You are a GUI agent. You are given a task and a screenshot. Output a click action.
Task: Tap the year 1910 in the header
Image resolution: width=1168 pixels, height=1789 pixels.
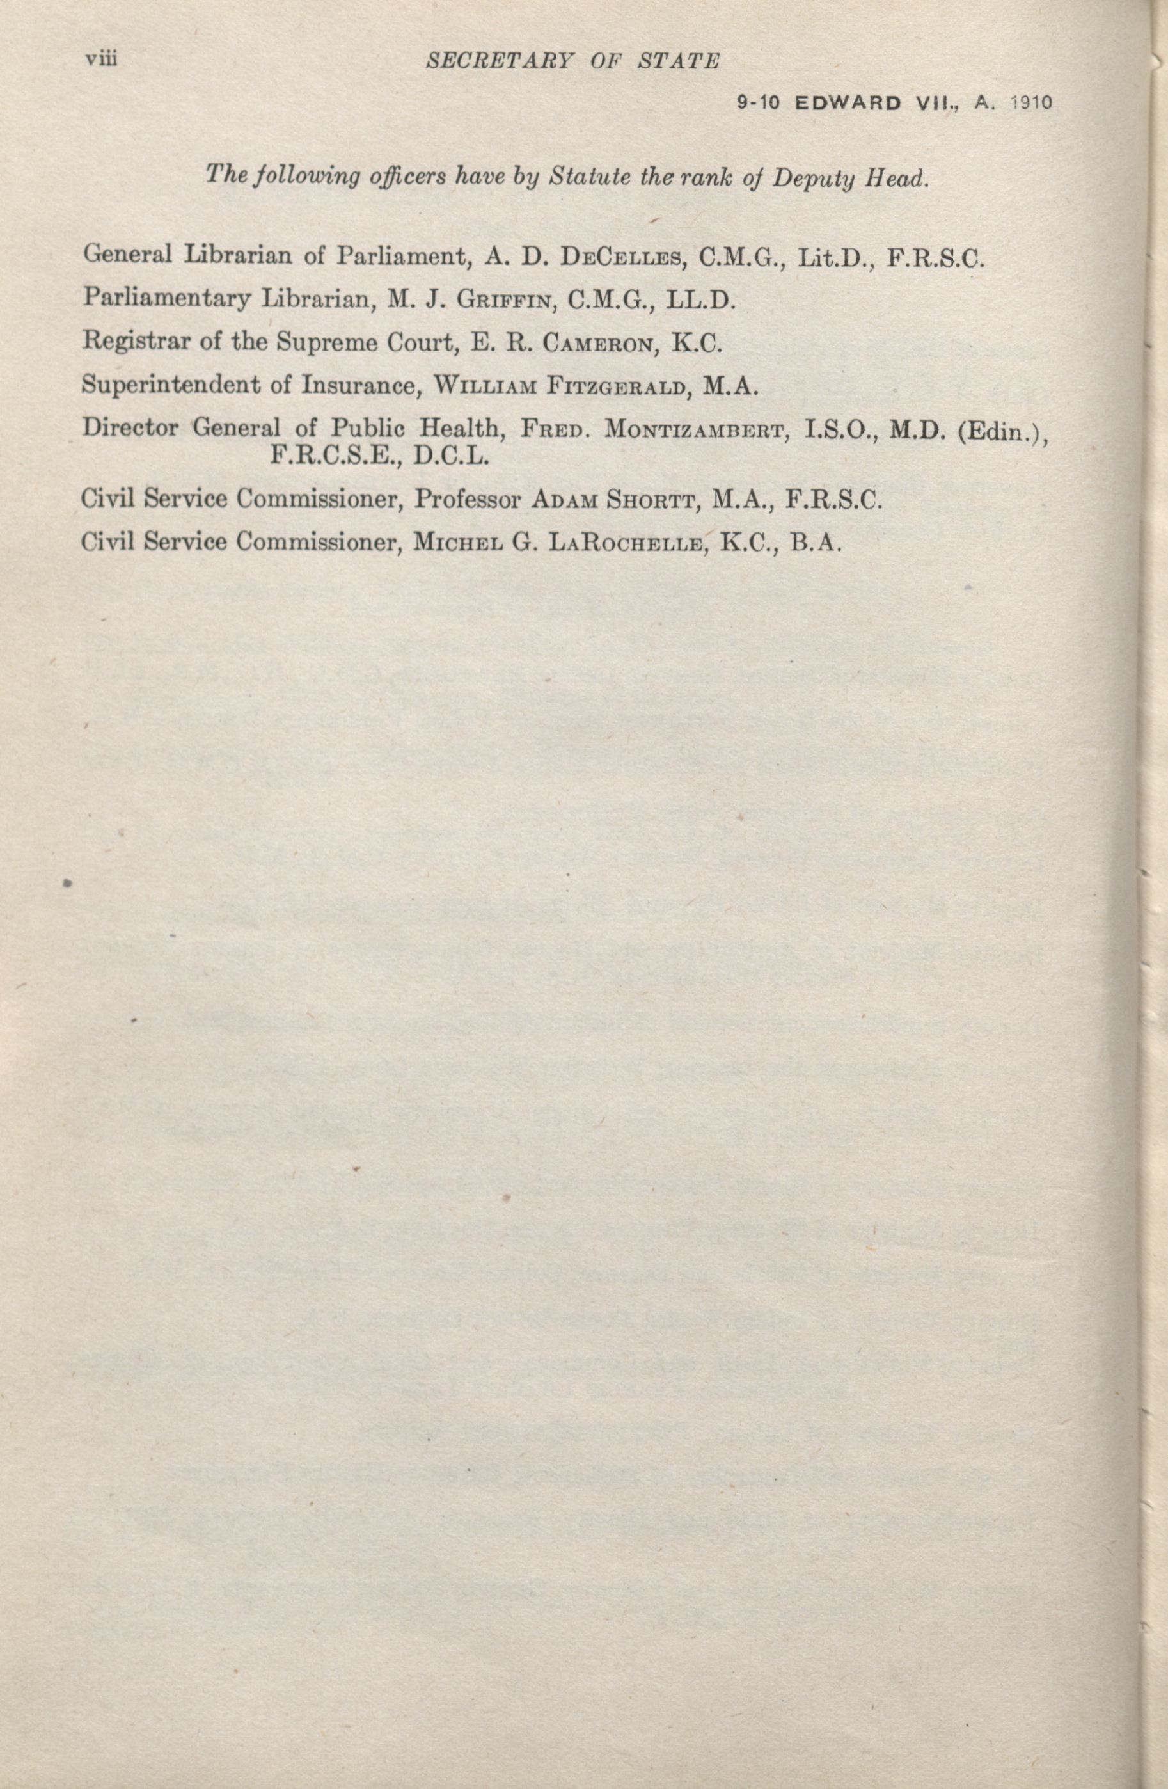(x=1030, y=103)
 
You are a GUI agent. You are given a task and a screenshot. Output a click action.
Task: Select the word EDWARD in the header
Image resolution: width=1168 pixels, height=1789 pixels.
(x=848, y=103)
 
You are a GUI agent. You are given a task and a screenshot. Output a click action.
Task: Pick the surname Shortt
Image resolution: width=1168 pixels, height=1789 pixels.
(x=652, y=500)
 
